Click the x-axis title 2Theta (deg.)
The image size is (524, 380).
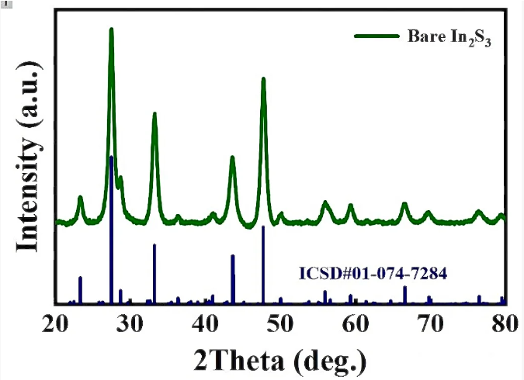281,360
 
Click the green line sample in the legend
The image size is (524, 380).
376,36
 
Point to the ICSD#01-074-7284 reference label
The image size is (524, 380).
373,273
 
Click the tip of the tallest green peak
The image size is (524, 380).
111,29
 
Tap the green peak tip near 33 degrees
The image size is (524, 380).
154,114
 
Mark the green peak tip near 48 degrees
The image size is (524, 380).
264,79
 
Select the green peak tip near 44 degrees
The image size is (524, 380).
232,157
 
